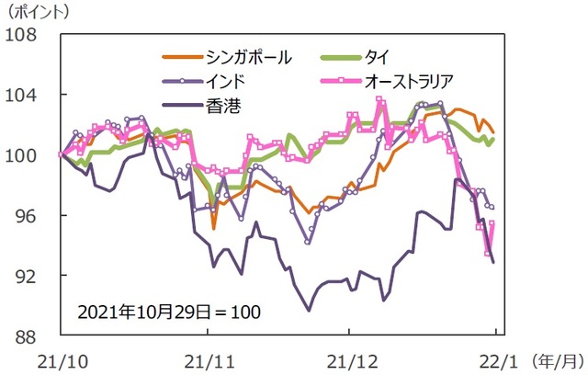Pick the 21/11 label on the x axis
point(204,358)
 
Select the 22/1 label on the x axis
point(496,358)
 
